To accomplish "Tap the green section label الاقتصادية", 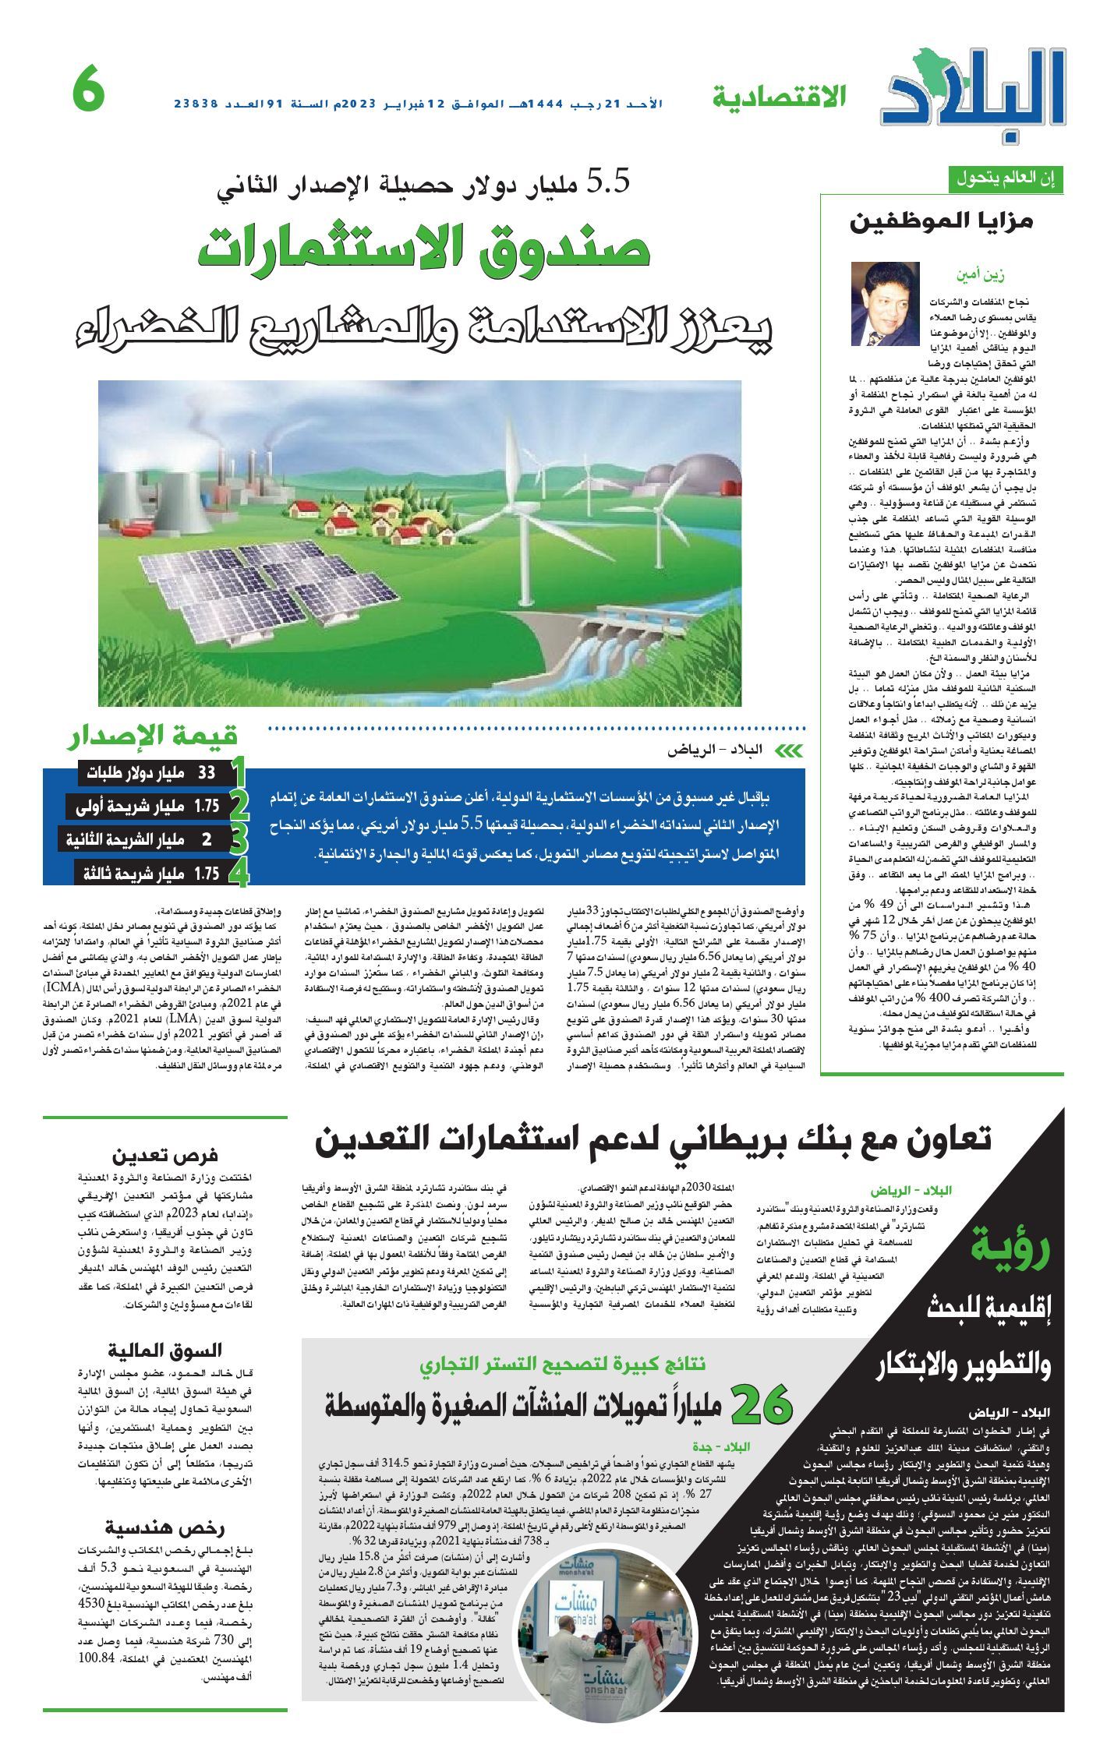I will point(778,98).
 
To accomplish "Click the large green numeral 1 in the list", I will point(239,772).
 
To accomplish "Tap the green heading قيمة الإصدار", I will point(153,735).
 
